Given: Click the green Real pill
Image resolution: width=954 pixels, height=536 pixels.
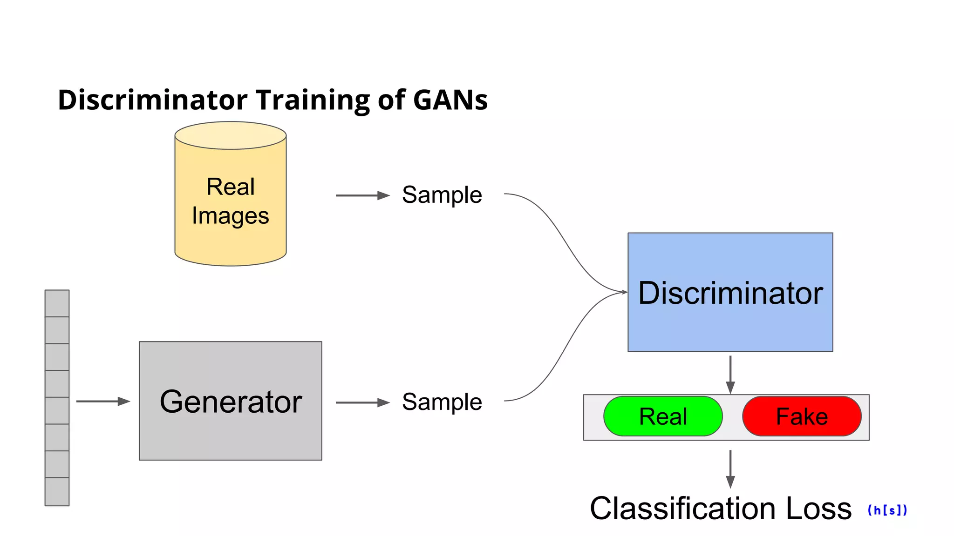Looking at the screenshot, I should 662,416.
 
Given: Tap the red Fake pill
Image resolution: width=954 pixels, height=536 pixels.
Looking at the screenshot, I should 801,416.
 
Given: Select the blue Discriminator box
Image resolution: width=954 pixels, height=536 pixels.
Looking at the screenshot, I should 730,292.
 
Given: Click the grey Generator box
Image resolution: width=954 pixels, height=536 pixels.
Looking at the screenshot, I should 230,401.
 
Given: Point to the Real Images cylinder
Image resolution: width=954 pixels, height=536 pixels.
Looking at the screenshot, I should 230,200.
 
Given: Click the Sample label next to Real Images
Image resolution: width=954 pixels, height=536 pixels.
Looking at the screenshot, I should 442,194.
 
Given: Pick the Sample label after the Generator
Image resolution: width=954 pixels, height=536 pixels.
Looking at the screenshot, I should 442,402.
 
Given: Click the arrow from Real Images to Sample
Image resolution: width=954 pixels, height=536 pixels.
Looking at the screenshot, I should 362,195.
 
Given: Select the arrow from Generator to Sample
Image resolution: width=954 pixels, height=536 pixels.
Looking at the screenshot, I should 362,402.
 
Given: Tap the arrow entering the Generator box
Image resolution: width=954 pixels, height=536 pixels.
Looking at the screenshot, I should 103,401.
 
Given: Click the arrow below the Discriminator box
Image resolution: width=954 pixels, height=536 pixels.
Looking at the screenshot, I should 730,375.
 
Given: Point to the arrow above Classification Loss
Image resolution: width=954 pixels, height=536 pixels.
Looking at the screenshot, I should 730,469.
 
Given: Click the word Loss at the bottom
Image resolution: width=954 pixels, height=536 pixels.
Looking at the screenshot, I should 818,508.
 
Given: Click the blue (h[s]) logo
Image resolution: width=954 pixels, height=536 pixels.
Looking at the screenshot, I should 887,510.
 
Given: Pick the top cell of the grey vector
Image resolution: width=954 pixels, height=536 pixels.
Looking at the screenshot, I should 57,303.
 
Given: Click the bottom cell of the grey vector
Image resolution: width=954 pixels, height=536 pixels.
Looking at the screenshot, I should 57,491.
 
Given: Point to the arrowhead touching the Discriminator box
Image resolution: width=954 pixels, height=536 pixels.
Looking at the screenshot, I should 624,292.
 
